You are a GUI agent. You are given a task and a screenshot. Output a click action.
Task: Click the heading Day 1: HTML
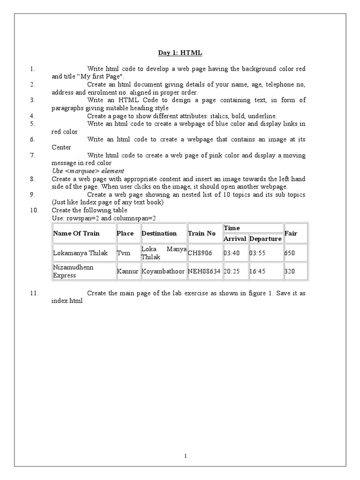point(180,53)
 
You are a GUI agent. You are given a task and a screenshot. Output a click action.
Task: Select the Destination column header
point(159,233)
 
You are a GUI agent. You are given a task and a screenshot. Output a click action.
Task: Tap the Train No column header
point(202,233)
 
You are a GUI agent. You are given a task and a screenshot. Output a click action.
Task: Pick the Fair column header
point(291,233)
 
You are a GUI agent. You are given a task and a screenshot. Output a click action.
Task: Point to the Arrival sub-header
point(235,239)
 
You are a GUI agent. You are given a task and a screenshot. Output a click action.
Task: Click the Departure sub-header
point(265,239)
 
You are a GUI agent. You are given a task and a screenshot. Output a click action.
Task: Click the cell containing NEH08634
point(204,270)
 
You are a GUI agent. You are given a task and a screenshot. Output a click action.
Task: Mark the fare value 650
point(290,253)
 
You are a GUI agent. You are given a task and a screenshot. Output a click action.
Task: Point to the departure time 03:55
point(257,253)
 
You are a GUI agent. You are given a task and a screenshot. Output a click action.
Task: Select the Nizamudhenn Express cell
point(73,270)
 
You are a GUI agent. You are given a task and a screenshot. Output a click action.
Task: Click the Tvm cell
point(124,253)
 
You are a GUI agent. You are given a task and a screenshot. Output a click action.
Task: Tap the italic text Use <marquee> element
point(88,171)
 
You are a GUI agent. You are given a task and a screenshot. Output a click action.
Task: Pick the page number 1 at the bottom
point(186,455)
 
